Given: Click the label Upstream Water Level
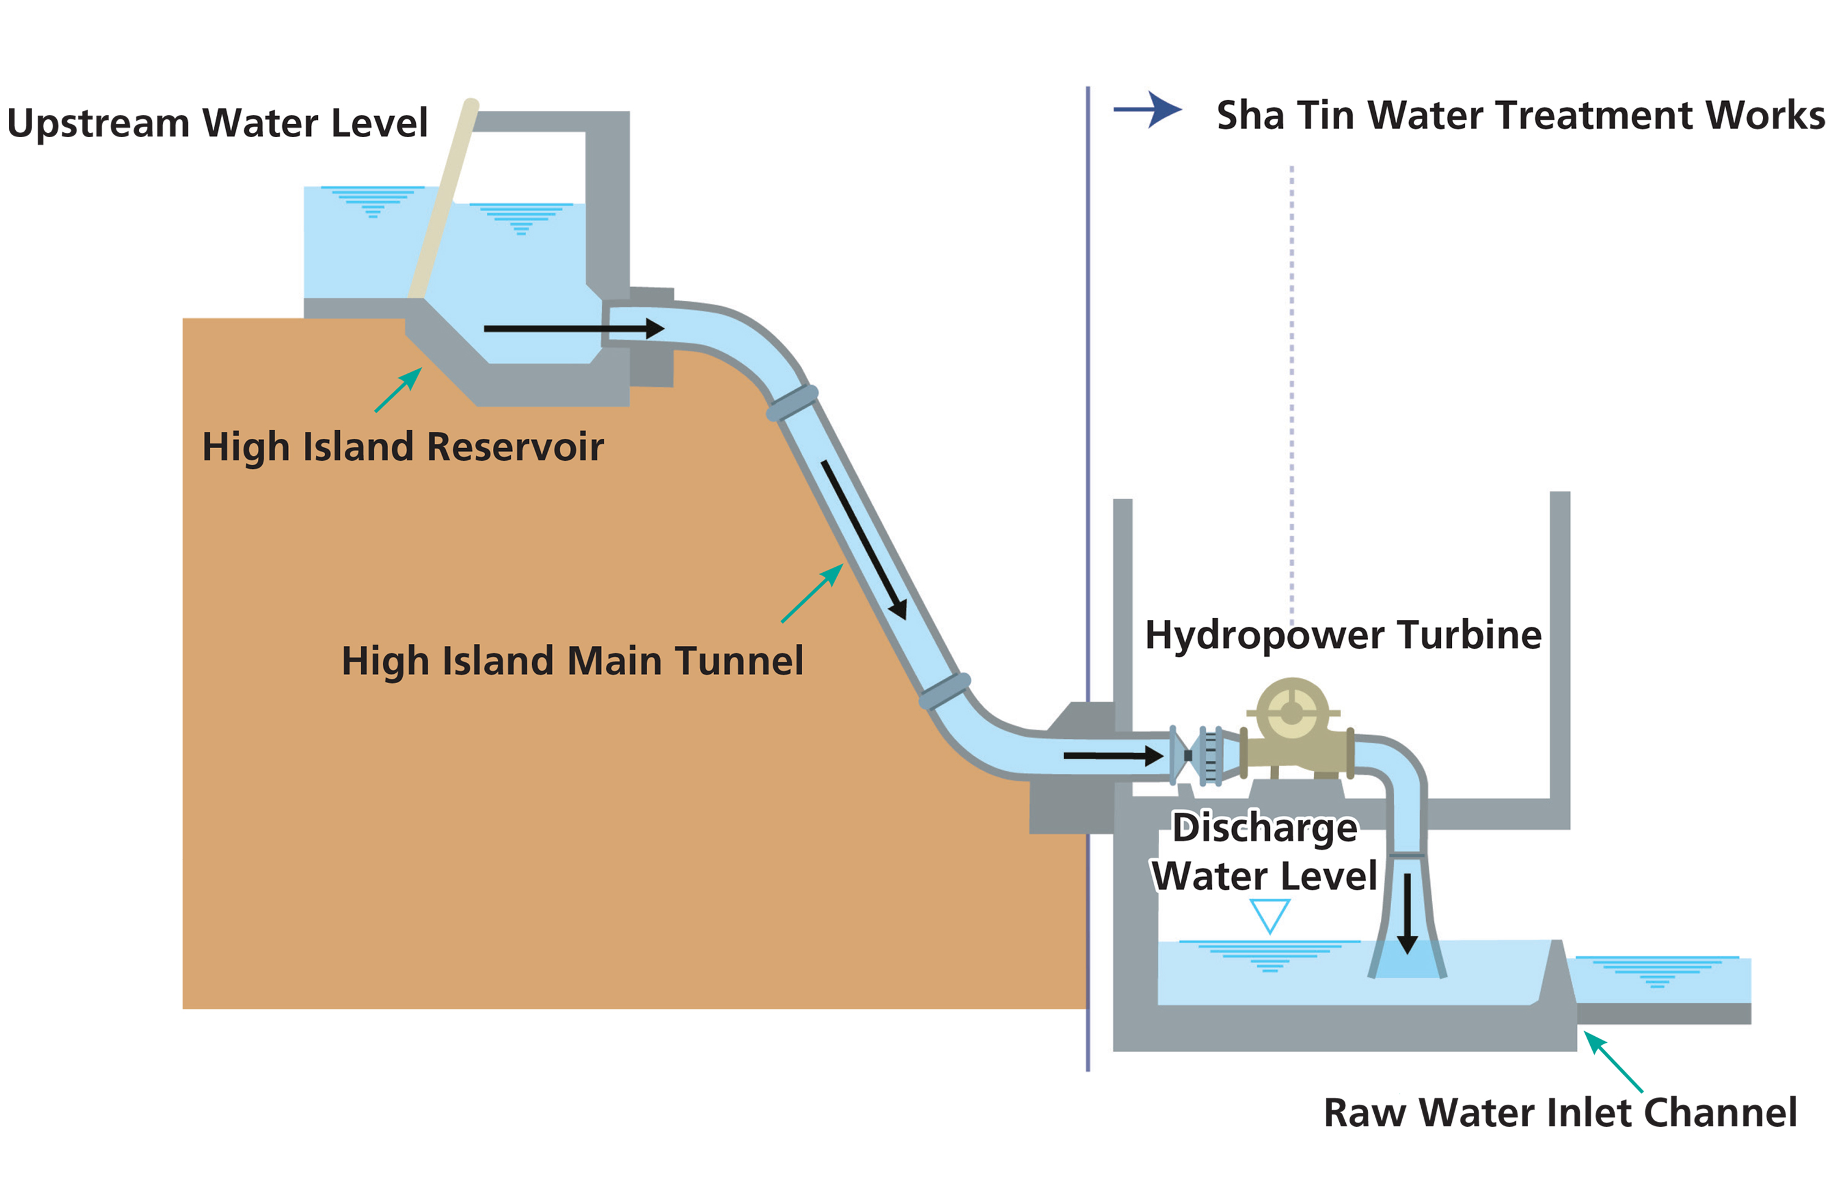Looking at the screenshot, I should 217,122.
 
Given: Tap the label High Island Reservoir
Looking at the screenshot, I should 402,447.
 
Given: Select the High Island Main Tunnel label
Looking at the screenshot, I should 572,660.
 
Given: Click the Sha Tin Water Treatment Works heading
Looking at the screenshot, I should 1520,116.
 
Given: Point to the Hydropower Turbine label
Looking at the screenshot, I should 1342,635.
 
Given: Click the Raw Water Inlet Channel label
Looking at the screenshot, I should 1559,1113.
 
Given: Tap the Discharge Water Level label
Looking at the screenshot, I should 1264,852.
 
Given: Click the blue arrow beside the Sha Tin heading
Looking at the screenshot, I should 1148,110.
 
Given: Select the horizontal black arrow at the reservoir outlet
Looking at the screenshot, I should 573,329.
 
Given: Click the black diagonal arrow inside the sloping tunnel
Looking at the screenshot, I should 864,539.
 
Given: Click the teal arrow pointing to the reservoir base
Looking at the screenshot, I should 398,390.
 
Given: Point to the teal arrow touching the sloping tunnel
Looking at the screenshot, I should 811,594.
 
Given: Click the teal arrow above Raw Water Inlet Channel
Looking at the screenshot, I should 1612,1061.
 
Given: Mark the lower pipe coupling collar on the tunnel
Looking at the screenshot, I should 945,690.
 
